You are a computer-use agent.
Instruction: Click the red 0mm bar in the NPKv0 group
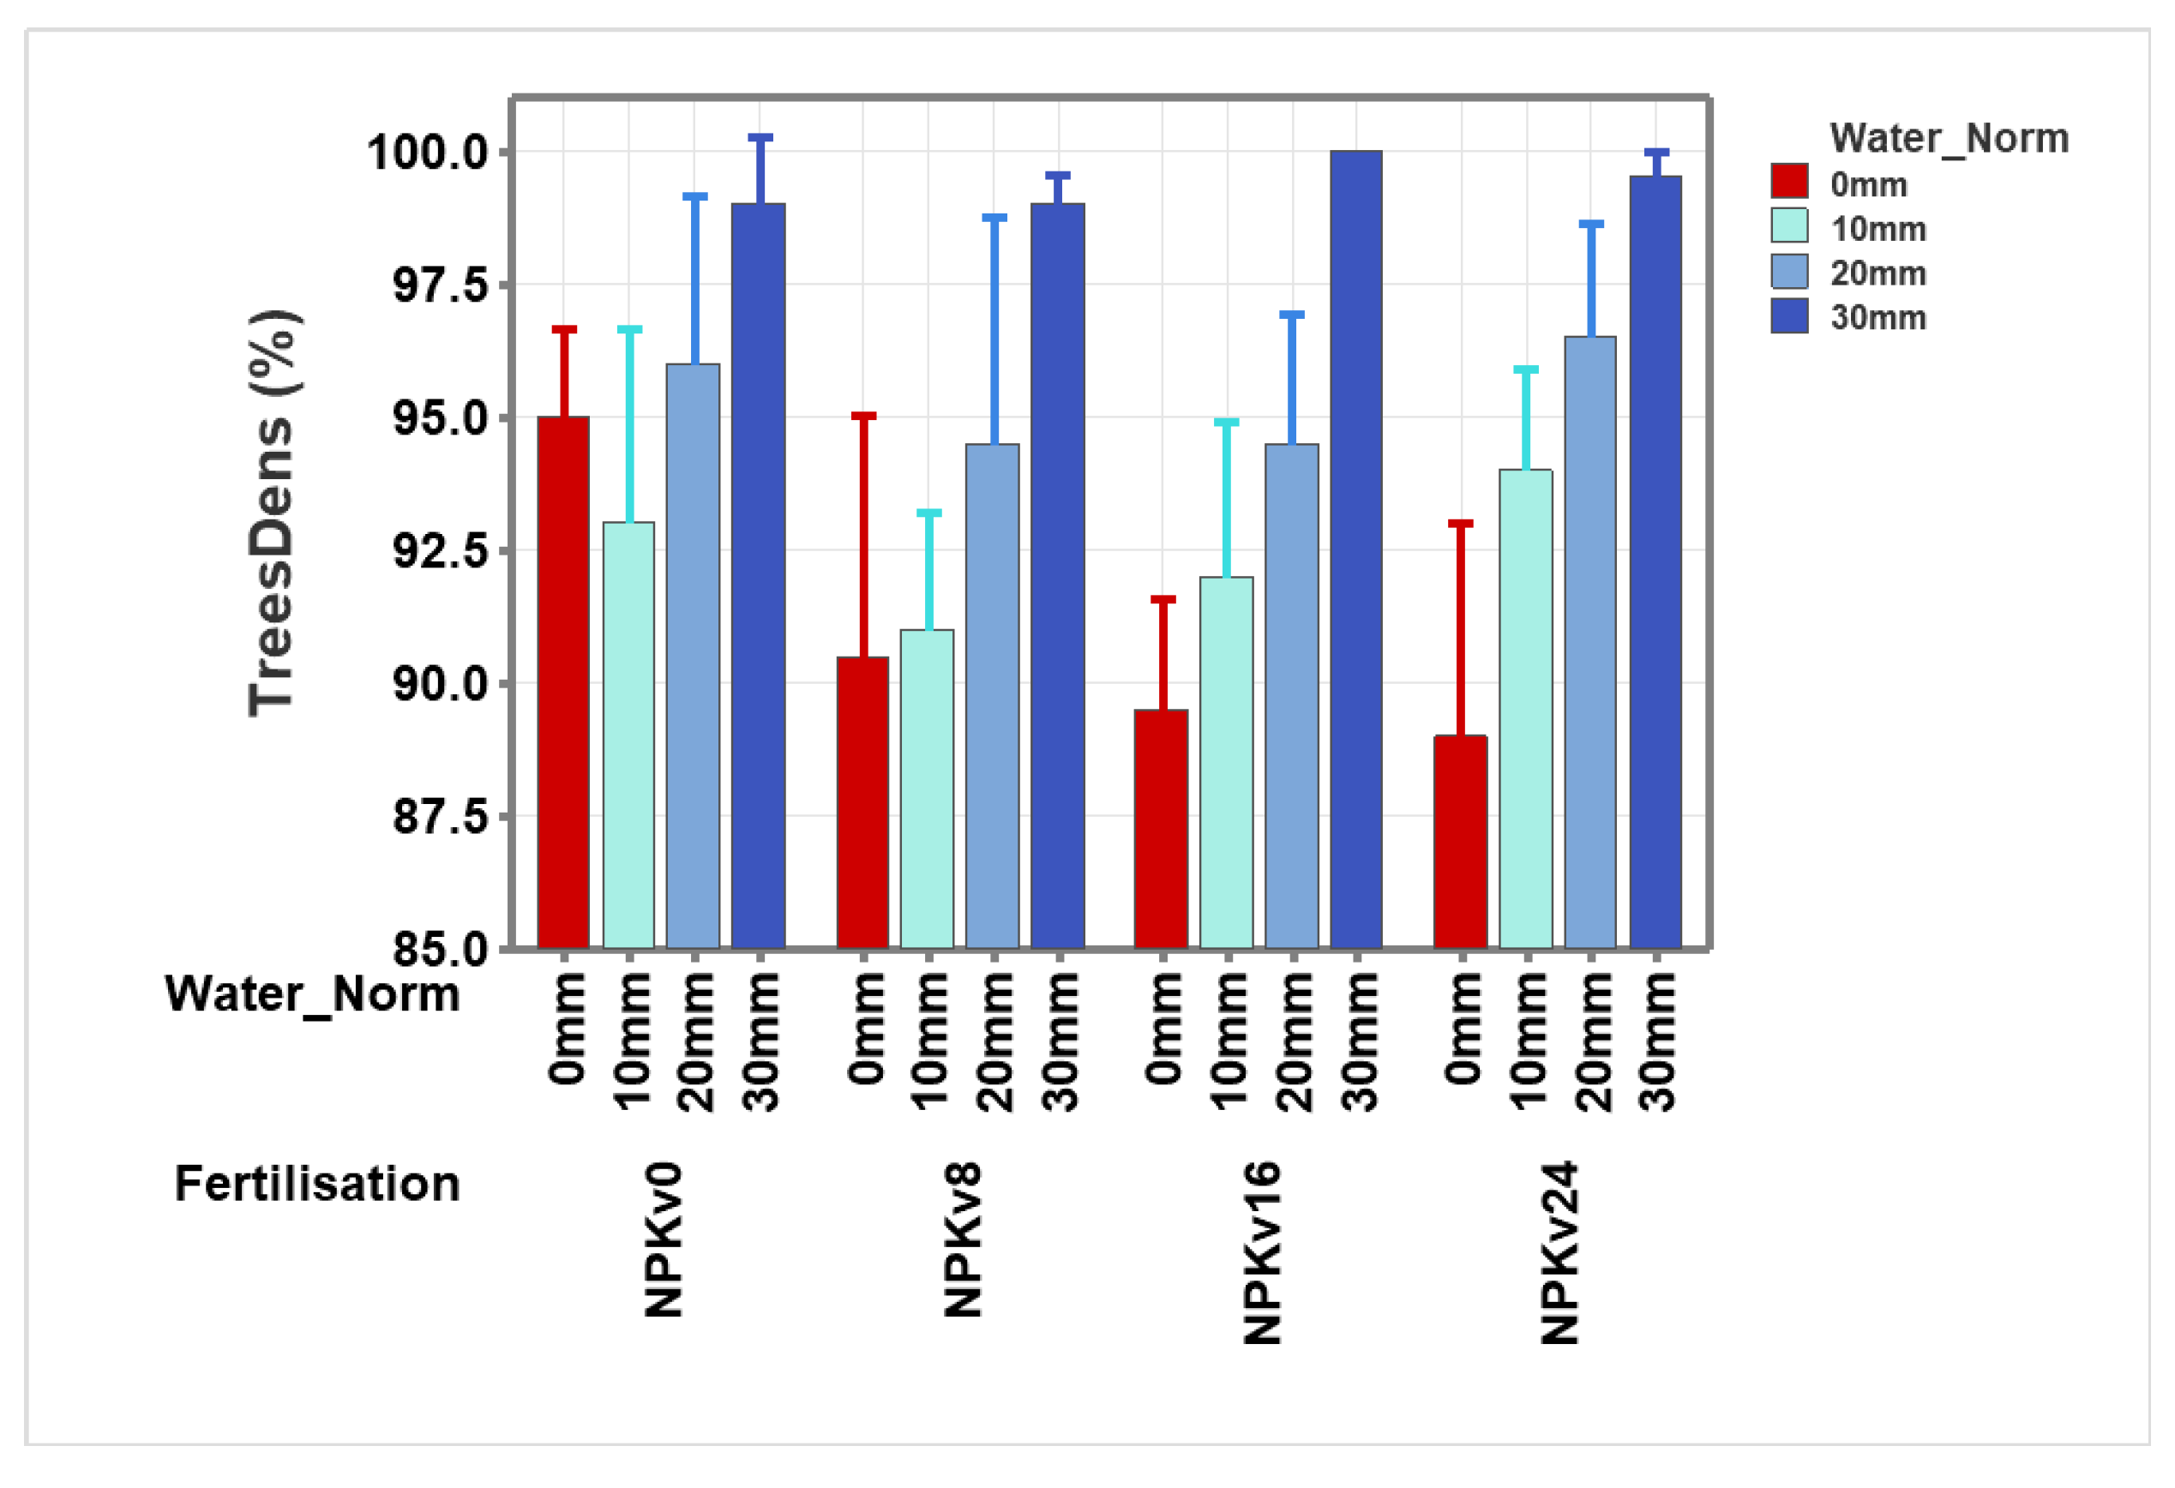[x=563, y=683]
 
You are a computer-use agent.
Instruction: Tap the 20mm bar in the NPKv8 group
[x=992, y=696]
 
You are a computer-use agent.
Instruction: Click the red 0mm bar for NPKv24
[x=1460, y=843]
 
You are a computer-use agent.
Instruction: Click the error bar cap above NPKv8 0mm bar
[x=863, y=416]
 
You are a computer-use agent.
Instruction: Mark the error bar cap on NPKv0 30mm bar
[x=760, y=137]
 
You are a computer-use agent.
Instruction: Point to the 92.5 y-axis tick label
[x=440, y=551]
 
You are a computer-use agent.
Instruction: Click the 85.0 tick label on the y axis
[x=440, y=951]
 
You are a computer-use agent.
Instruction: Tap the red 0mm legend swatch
[x=1788, y=181]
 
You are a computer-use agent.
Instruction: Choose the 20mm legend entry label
[x=1878, y=273]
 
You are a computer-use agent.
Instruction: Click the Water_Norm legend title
[x=1949, y=139]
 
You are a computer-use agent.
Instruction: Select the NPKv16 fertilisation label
[x=1263, y=1254]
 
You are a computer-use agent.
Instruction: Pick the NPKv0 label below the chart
[x=664, y=1241]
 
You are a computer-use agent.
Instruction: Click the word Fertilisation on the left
[x=317, y=1184]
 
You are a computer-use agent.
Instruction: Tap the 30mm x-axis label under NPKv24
[x=1657, y=1041]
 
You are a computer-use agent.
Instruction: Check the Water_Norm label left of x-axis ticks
[x=313, y=994]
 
